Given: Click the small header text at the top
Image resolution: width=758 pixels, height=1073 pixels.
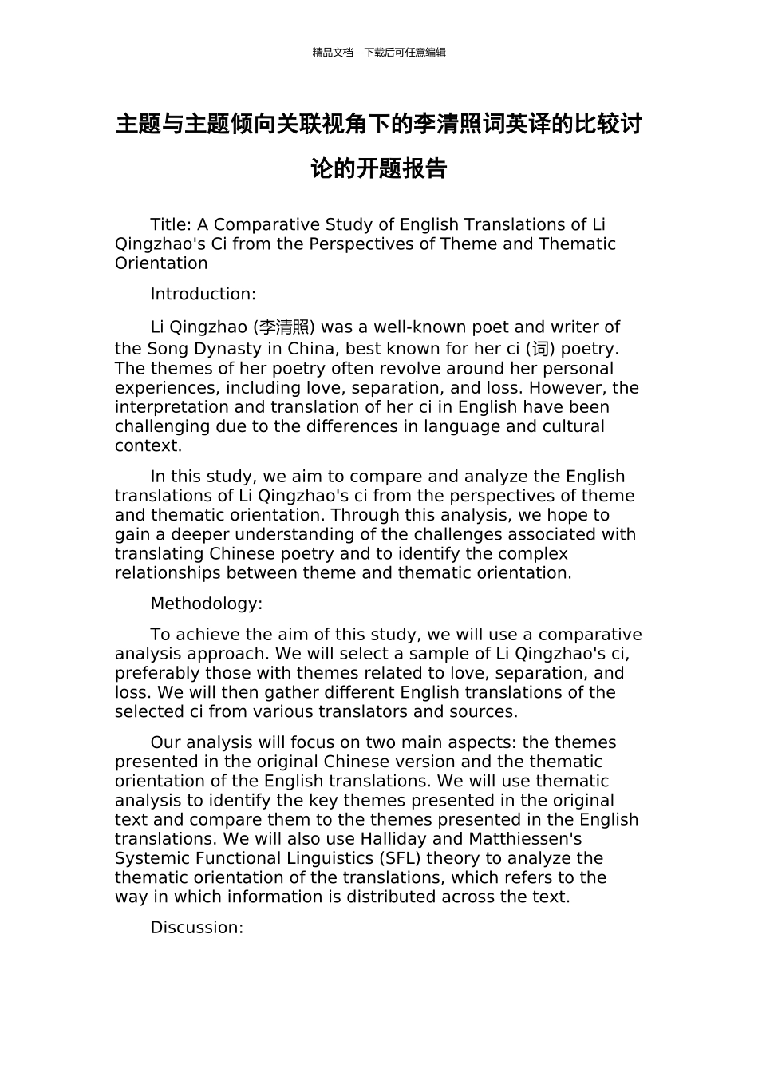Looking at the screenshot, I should click(379, 53).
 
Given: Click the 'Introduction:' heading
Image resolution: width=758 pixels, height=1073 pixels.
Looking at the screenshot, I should click(203, 295).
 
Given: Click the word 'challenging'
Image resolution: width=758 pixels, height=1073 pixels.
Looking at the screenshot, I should click(163, 426).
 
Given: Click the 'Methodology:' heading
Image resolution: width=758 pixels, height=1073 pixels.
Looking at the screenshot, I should click(206, 604).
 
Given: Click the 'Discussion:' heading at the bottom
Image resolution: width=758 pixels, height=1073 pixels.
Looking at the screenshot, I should click(196, 928).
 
